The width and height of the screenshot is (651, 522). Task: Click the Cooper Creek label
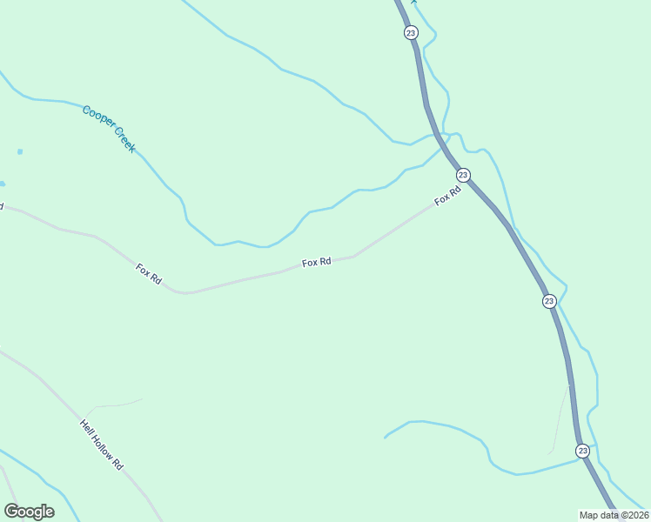(109, 129)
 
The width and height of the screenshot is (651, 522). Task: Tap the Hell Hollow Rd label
(102, 445)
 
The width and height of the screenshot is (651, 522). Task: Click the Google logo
(29, 512)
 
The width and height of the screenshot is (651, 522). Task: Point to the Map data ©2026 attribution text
(614, 515)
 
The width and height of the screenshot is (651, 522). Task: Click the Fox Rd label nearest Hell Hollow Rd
(149, 274)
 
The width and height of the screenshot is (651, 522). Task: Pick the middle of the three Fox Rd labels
(316, 262)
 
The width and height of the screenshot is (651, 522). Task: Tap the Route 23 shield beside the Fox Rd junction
(463, 175)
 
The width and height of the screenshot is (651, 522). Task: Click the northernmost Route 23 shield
(411, 33)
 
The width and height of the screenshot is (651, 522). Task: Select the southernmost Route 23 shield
(582, 451)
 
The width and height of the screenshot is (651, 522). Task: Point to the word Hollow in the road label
(102, 445)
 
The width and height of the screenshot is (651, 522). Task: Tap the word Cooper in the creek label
(97, 118)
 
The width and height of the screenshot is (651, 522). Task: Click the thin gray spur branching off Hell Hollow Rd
(117, 404)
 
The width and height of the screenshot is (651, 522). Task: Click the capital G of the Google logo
(11, 511)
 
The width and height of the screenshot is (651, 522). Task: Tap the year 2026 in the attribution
(634, 515)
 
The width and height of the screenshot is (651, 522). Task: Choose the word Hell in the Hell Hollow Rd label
(86, 426)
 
